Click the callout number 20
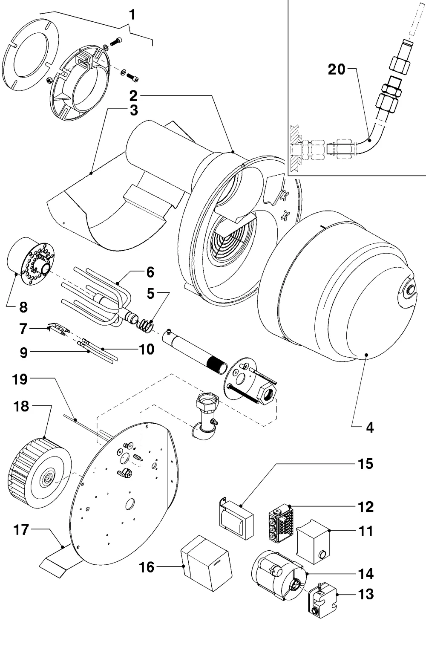337,69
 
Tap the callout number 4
369,428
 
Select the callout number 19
20,379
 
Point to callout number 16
146,567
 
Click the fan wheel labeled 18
39,473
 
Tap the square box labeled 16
206,563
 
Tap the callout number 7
23,329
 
